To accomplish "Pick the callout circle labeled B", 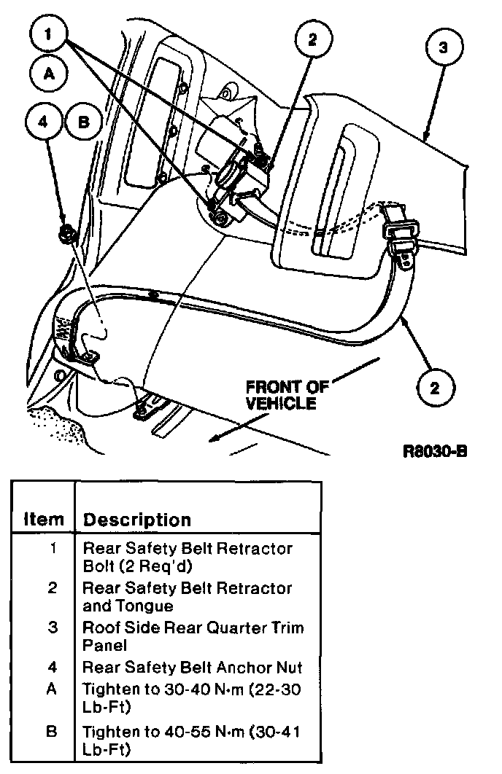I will point(83,122).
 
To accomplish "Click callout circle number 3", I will point(443,48).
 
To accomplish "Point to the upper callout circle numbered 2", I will point(312,41).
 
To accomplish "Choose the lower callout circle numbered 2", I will point(435,387).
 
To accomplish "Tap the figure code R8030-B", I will point(435,450).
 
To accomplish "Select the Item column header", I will point(44,520).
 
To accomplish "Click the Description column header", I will point(136,520).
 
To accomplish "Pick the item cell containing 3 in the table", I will point(52,628).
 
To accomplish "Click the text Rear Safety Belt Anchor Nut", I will point(192,667).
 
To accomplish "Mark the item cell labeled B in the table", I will point(52,731).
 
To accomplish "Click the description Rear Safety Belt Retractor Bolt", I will point(188,556).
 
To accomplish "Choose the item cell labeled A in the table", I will point(52,687).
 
